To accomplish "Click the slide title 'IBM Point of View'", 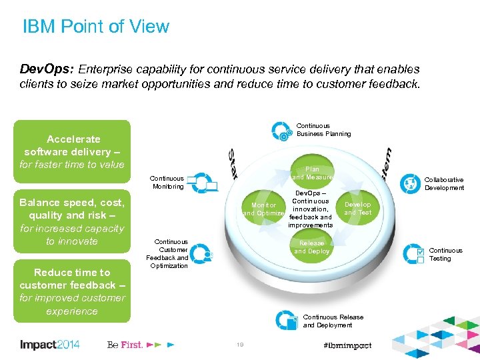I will pos(96,27).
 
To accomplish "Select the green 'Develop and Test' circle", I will pos(357,209).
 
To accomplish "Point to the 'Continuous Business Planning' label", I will pos(323,130).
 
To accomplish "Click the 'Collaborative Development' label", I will pos(444,184).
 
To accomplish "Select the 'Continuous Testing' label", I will pos(445,255).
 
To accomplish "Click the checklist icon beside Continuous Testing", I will pos(419,255).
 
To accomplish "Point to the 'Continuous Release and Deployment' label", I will pos(333,321).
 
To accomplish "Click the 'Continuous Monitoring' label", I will pos(167,183).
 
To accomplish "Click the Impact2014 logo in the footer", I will pos(50,345).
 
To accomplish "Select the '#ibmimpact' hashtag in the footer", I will pos(347,345).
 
